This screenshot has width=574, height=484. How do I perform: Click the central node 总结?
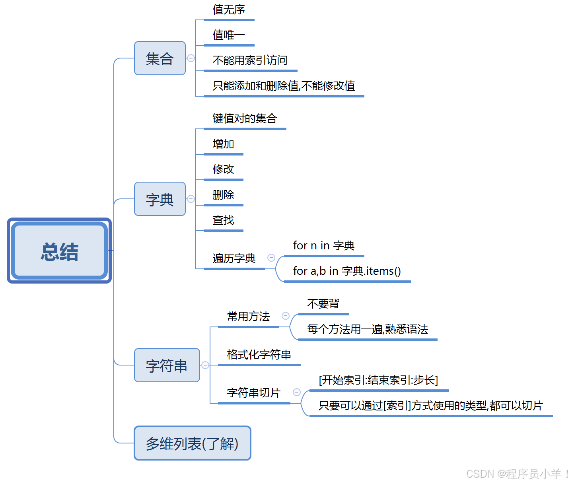[x=59, y=251]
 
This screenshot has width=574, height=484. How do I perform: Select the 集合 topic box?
[x=160, y=58]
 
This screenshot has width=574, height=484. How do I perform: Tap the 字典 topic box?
[x=160, y=199]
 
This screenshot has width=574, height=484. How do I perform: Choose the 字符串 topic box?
[x=167, y=365]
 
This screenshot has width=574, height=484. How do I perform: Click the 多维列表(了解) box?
[x=192, y=443]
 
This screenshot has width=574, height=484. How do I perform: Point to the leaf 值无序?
[x=229, y=10]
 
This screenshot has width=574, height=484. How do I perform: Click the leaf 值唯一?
[x=229, y=35]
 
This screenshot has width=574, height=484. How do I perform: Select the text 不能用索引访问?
[x=250, y=60]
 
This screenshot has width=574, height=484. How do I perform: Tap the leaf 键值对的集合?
[x=244, y=119]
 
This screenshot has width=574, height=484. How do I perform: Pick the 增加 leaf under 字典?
[x=223, y=144]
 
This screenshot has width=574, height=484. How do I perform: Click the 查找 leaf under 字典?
[x=223, y=220]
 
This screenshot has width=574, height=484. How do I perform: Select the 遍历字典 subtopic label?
[x=234, y=259]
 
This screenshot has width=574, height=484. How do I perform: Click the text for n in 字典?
[x=323, y=246]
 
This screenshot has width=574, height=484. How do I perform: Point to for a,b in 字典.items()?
[x=347, y=271]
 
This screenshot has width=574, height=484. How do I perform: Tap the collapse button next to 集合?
[x=191, y=58]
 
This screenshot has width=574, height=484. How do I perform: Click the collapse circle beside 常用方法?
[x=286, y=316]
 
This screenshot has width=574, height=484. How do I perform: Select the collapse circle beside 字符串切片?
[x=297, y=392]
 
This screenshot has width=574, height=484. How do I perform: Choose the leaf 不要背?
[x=323, y=304]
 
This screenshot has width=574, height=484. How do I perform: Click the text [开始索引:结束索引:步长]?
[x=378, y=380]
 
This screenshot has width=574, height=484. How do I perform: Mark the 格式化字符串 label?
[x=259, y=355]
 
